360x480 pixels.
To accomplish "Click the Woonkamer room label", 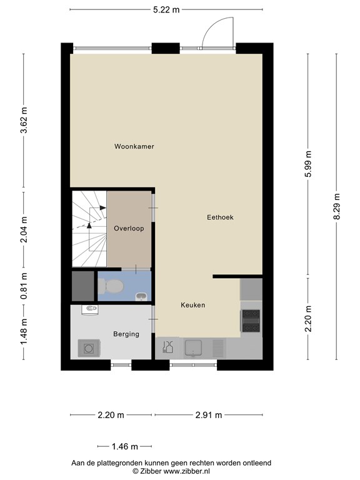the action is [x=134, y=146].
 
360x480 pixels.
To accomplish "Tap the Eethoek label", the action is [x=220, y=217].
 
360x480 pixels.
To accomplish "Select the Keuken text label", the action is [x=193, y=305].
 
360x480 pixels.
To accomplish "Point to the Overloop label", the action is [x=129, y=228].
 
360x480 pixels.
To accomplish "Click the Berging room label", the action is [x=126, y=334].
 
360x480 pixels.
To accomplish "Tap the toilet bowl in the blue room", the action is [x=111, y=286].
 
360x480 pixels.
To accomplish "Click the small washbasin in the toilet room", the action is [x=141, y=296].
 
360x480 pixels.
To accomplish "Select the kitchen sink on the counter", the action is [x=193, y=348].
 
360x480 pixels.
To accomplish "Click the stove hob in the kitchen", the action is [x=251, y=321].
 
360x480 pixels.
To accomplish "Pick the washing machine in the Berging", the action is [x=89, y=348].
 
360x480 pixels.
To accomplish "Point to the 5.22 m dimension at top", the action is [x=166, y=10].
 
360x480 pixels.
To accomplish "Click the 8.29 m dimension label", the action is [x=337, y=206].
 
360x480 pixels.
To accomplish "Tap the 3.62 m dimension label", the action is [x=24, y=120].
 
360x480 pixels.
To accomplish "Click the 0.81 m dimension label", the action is [x=24, y=286].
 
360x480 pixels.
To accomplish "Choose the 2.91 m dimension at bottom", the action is [x=209, y=415].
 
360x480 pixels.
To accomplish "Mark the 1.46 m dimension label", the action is [x=124, y=447].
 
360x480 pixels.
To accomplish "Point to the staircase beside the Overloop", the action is [x=89, y=229].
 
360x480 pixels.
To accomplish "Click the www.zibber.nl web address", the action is [x=187, y=471].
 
